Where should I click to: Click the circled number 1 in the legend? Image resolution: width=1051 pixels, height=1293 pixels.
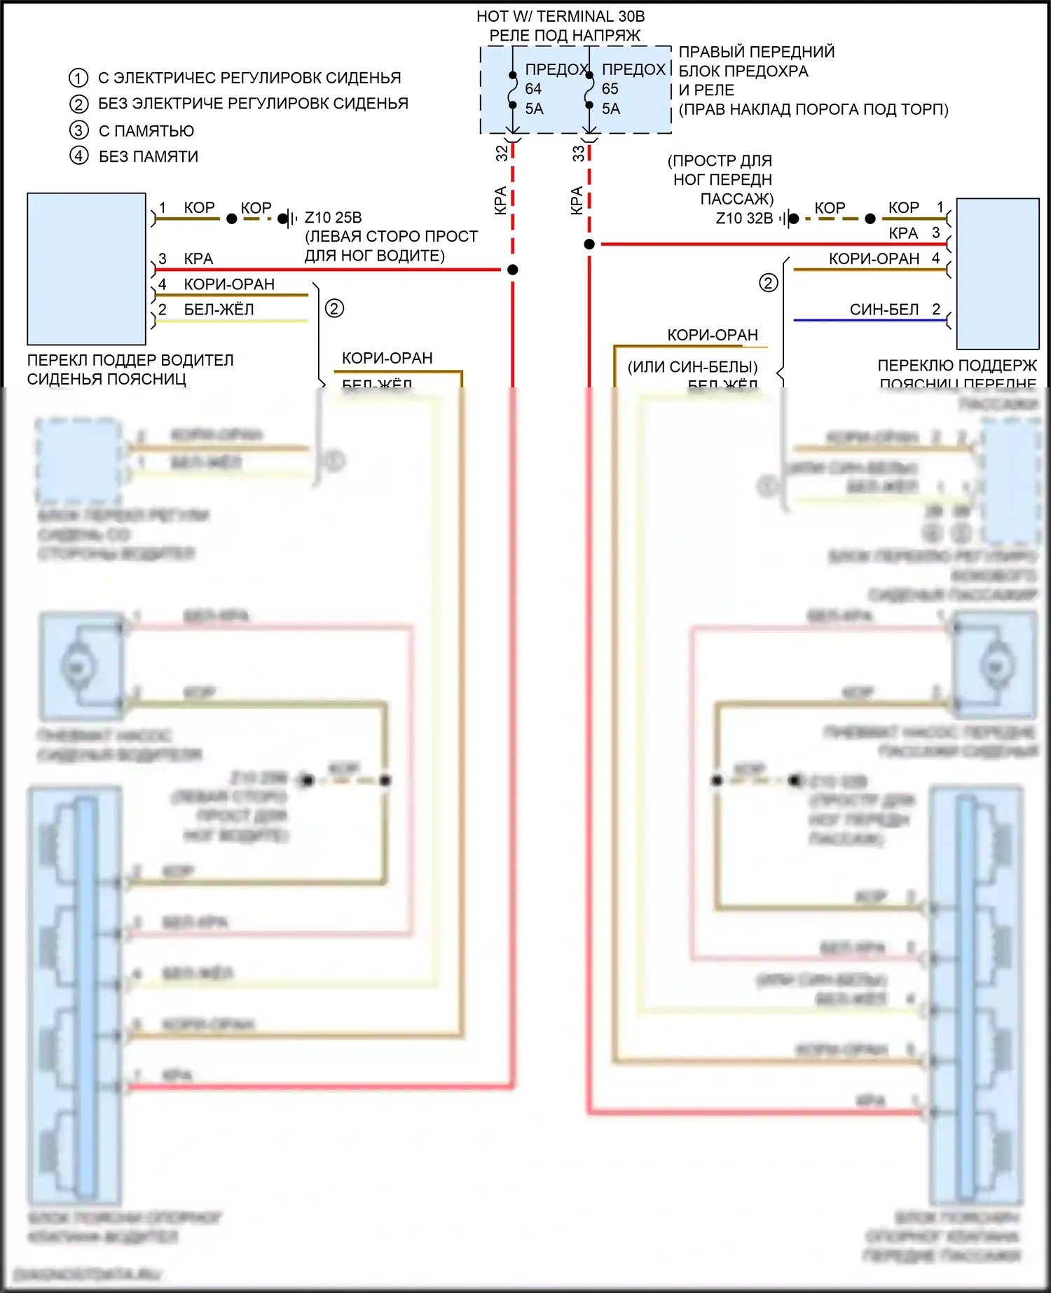78,78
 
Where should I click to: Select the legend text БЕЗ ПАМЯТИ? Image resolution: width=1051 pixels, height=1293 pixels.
148,156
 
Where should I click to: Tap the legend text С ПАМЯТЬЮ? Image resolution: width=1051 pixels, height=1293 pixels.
146,131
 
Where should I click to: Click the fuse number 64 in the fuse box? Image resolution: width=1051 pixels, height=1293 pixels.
533,89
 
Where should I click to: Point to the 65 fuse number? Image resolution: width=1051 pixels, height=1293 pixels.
610,89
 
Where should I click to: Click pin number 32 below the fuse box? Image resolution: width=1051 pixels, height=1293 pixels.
502,153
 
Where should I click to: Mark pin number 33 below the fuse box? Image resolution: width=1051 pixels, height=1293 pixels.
578,153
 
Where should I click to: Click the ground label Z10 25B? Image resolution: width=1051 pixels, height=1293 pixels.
333,218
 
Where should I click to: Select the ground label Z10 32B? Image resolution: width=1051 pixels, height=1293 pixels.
744,219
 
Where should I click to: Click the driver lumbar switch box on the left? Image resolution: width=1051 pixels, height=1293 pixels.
86,269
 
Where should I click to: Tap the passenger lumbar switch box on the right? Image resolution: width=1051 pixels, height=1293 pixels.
998,274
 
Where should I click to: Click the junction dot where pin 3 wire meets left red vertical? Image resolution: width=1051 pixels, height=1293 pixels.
513,270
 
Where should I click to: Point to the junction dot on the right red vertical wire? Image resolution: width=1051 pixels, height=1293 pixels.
589,244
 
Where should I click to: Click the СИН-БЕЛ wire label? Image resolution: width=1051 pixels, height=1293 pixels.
884,310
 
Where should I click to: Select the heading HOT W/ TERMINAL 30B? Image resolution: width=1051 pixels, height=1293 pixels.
561,16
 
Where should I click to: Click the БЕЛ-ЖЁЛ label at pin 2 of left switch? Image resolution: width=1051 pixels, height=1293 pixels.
219,310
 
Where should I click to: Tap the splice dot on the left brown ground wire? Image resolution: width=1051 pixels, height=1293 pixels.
232,219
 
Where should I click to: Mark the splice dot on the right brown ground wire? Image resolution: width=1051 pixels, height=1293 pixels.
870,219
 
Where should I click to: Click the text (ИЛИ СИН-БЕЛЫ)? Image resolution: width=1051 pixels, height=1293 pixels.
692,367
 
